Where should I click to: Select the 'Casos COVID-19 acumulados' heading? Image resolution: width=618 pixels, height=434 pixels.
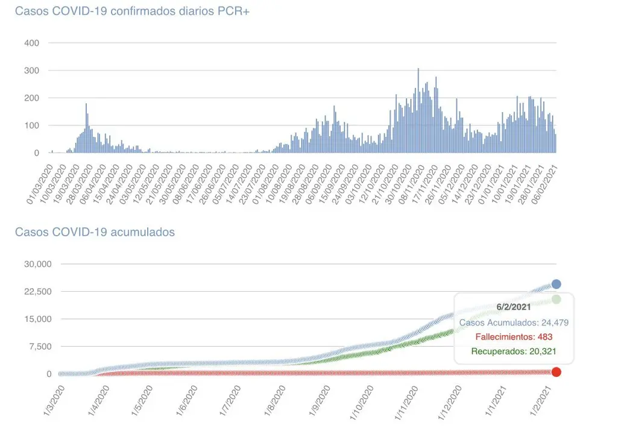(95, 231)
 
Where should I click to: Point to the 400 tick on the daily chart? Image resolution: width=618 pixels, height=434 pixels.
(31, 43)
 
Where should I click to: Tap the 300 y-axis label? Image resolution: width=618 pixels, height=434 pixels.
(31, 71)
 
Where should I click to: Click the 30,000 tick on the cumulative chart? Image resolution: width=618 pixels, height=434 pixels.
(38, 264)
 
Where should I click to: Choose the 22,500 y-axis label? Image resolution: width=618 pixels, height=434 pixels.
(38, 292)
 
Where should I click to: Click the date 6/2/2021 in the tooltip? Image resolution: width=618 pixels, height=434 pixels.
(514, 307)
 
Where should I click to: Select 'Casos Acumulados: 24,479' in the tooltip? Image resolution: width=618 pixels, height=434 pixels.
(514, 322)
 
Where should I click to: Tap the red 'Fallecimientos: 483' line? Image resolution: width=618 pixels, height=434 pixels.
(514, 337)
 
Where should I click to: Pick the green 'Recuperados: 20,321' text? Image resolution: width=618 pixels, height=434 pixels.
(514, 351)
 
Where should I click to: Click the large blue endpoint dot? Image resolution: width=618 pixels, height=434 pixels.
(557, 284)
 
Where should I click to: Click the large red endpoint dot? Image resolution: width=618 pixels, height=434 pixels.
(557, 372)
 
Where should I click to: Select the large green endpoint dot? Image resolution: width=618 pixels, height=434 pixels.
(556, 299)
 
